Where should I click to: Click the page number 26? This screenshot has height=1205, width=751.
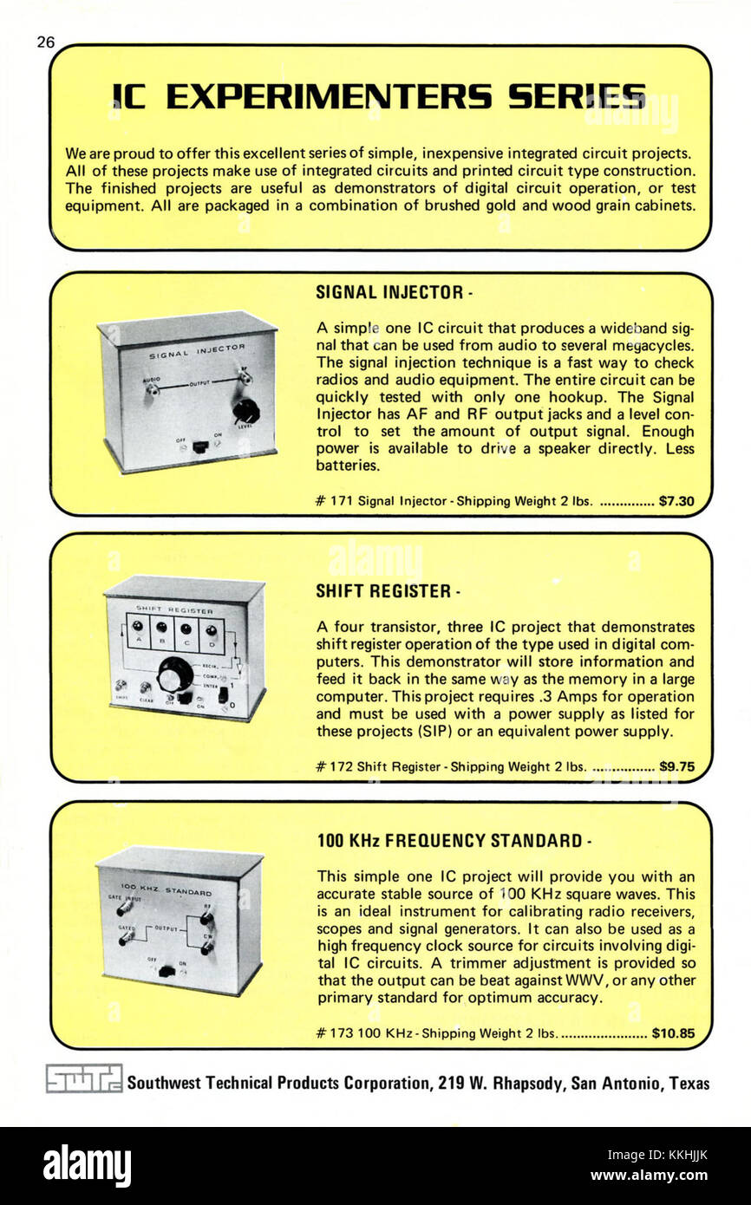[45, 41]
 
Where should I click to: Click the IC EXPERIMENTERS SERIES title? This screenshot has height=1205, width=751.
[379, 97]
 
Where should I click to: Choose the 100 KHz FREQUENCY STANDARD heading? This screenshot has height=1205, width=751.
[449, 840]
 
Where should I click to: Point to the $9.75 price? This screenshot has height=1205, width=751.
[676, 766]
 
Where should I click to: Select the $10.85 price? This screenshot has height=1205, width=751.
[673, 1032]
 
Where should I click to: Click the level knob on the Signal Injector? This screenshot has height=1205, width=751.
[245, 410]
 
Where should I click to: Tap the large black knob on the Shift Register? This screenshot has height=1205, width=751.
[174, 673]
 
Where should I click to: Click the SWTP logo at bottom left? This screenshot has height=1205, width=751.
[84, 1079]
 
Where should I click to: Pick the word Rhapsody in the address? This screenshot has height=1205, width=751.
[528, 1083]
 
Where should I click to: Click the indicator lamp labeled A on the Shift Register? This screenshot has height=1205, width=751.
[137, 627]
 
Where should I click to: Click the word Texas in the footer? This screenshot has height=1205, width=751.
[689, 1083]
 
